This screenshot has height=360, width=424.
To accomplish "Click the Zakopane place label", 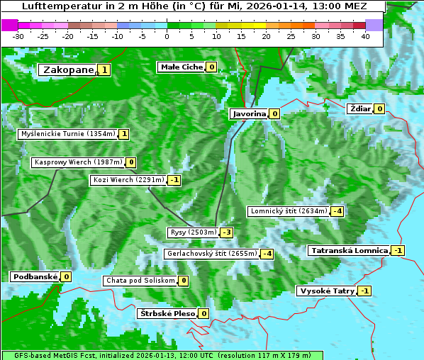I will coord(68,69).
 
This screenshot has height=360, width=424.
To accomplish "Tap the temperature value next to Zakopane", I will coord(105,69).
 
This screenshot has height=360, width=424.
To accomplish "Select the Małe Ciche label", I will coord(182,67).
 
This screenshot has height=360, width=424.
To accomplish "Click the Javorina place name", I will coord(249,113).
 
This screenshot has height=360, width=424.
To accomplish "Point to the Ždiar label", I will coord(360,109).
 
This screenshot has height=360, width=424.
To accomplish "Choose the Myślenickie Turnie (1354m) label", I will coord(67,134).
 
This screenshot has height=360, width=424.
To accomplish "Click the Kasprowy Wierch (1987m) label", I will coord(78,162).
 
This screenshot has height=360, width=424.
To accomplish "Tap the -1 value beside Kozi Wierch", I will coord(174,180).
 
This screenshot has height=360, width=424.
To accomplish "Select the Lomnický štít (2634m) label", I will coord(289,211).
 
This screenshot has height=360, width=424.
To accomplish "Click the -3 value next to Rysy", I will coord(227,232).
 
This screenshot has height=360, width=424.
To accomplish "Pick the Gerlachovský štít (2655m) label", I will coord(211,254).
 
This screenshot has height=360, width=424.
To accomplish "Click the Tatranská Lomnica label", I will coord(348,251).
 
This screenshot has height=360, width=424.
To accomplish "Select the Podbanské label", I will coord(34,277).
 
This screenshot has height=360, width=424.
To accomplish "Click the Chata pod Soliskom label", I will coord(139,281).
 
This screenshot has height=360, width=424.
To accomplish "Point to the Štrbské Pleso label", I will coord(166,313).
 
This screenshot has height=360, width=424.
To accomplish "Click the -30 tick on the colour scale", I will coord(18,35).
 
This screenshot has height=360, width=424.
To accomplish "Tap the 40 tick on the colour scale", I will coord(365,35).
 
